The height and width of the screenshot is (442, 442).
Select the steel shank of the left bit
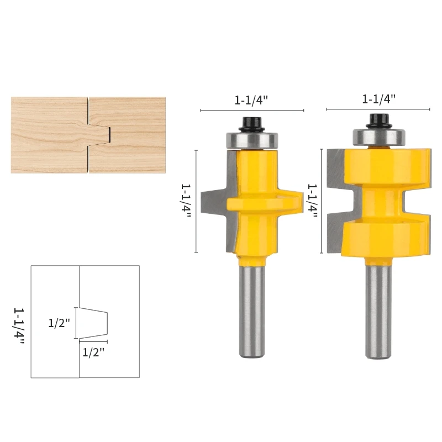(252, 309)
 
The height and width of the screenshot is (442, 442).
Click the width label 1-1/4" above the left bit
(251, 101)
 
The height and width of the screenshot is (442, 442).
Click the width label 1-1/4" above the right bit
(379, 99)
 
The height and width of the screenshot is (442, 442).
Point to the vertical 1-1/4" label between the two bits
(312, 201)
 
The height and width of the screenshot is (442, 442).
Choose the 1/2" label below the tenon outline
(93, 352)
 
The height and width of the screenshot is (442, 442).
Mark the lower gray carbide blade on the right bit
(334, 235)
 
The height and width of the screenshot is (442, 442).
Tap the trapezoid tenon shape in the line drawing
(93, 323)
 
